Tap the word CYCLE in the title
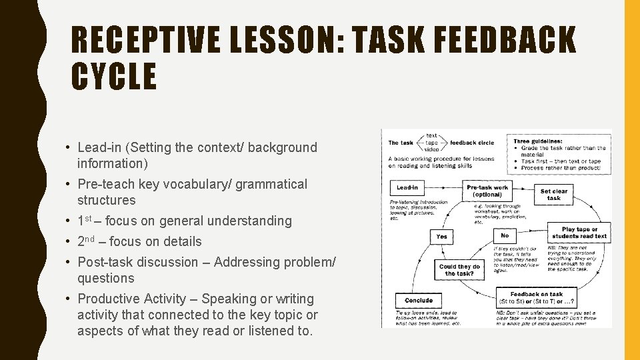coord(114,76)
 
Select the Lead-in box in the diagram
coord(408,188)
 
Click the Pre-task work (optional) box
coord(487,191)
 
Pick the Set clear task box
coord(554,194)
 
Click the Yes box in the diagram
coord(442,236)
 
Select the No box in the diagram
coord(504,235)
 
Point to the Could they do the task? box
coord(459,270)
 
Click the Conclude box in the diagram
coord(418,300)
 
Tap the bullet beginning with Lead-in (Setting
coord(197,155)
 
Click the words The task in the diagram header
coord(401,143)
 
